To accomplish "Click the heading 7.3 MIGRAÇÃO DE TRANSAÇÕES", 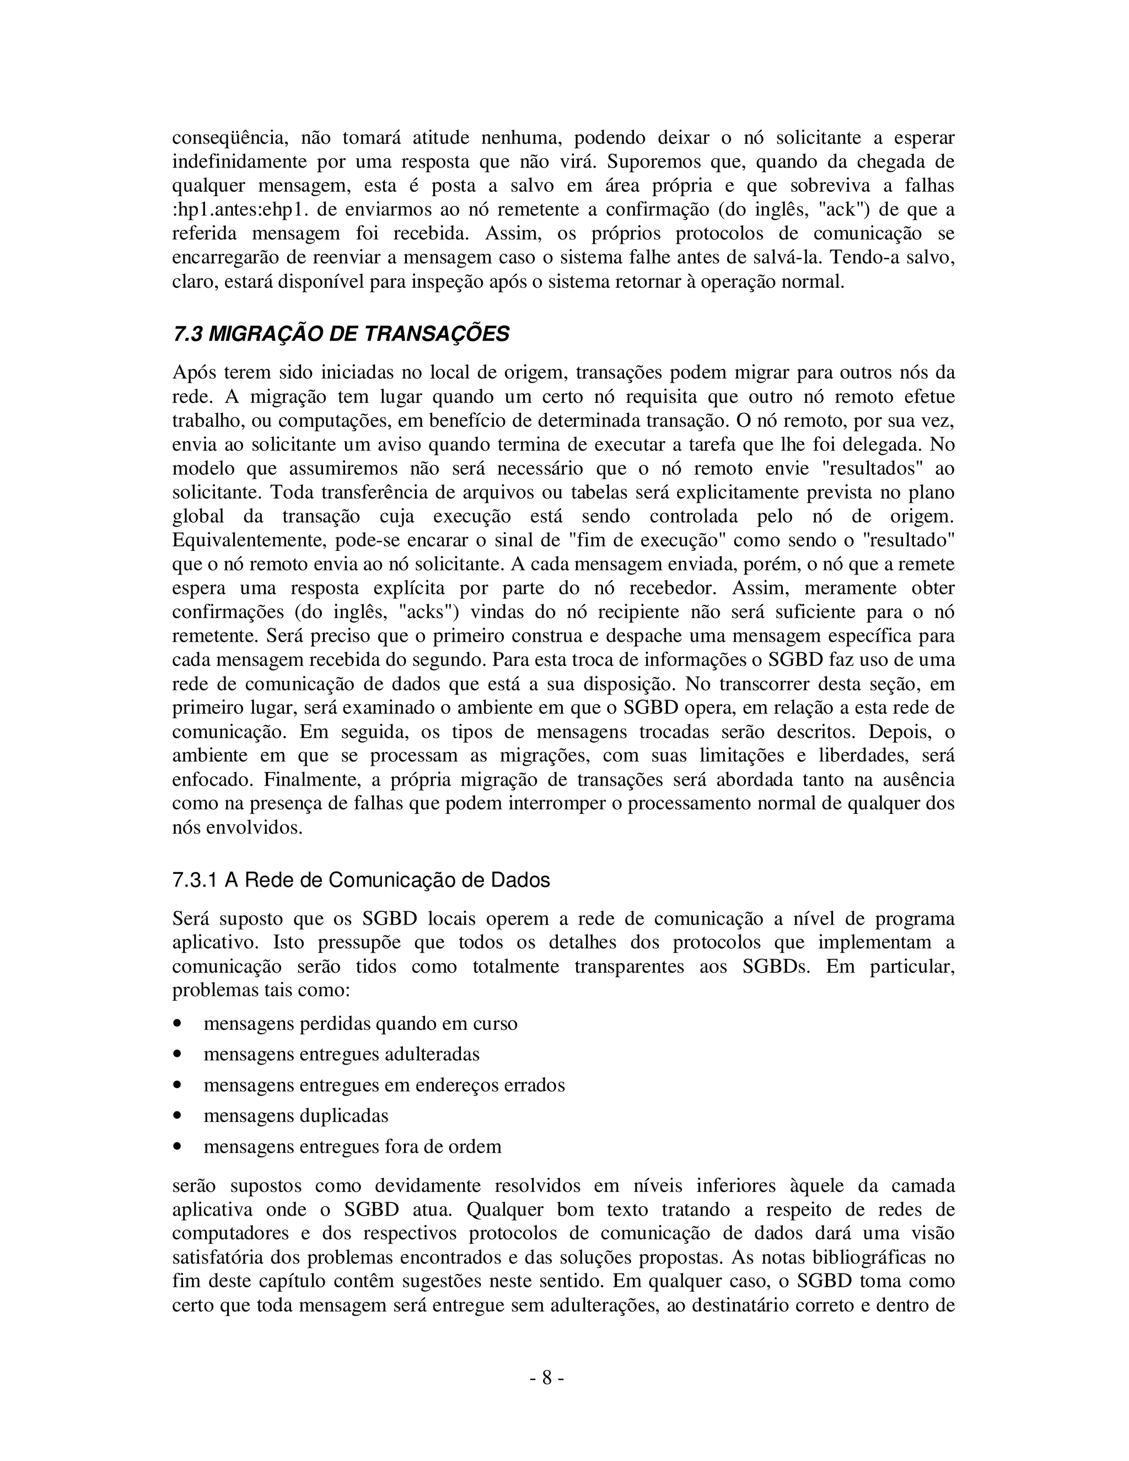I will pos(341,334).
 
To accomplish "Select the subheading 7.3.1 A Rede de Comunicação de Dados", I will pos(361,880).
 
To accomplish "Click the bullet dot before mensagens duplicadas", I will pos(178,1116).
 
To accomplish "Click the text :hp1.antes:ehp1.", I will pos(241,210).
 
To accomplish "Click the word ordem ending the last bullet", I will pos(476,1147).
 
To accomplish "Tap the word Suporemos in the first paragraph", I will pos(652,162).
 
